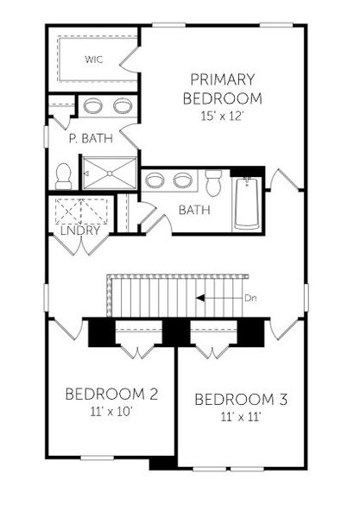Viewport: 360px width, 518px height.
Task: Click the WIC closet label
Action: tap(95, 60)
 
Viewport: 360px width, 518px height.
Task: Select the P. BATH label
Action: tap(87, 137)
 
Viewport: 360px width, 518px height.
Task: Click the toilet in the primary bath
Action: tap(62, 175)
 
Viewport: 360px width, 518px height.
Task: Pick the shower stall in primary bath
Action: tap(109, 172)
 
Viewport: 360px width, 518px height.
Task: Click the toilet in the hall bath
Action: tap(214, 182)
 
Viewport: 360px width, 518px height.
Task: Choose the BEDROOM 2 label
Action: tap(111, 395)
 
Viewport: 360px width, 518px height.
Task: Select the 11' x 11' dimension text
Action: tap(240, 416)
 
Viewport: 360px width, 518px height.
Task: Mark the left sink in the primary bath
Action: tap(92, 106)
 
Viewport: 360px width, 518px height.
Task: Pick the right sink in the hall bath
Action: tap(182, 180)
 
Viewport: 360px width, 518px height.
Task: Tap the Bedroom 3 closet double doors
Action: tap(212, 348)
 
